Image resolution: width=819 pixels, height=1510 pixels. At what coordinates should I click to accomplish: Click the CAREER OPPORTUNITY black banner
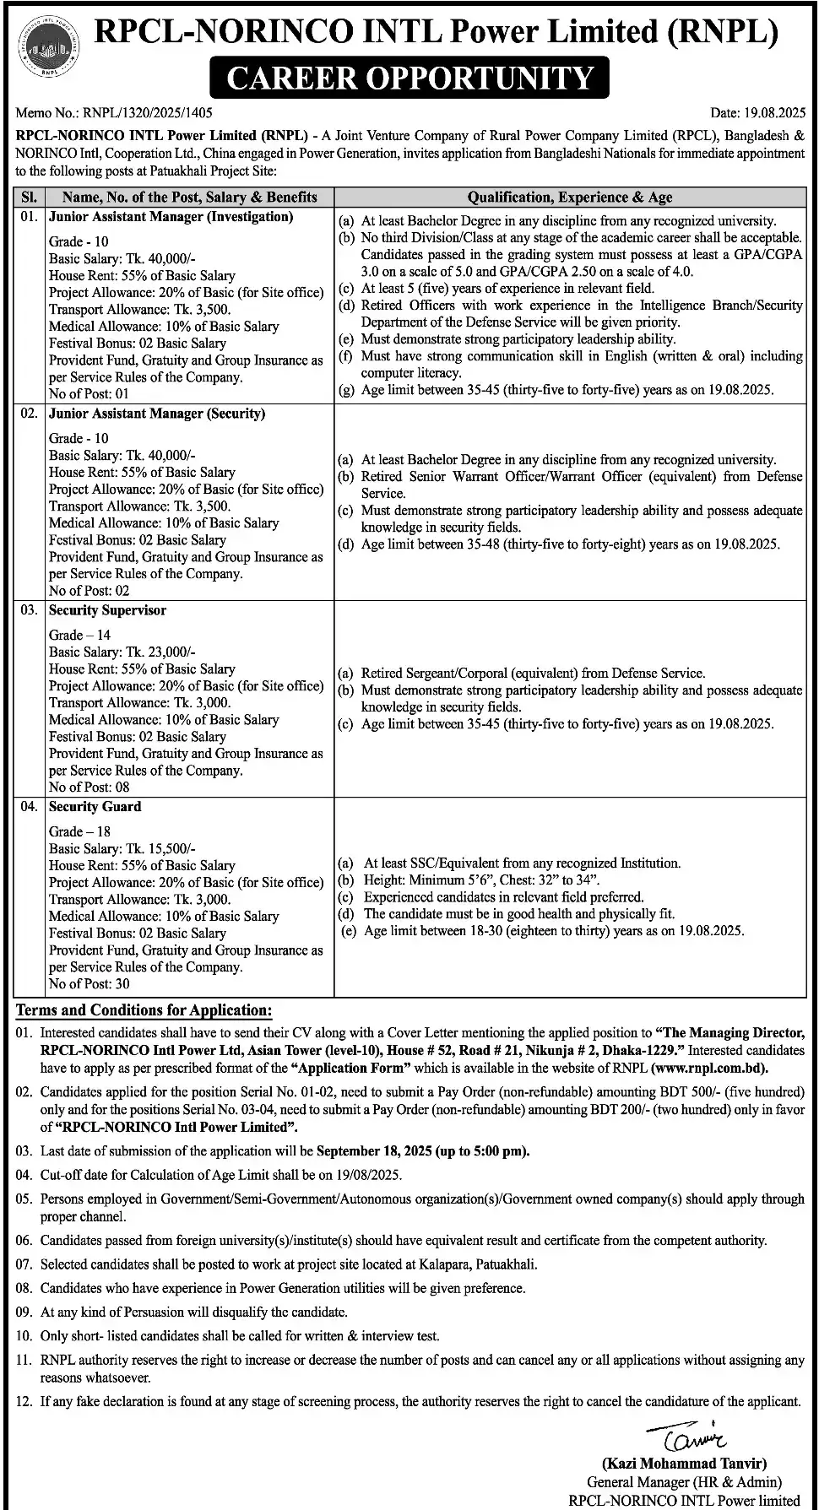(x=409, y=78)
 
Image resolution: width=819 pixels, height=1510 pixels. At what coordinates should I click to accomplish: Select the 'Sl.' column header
(x=30, y=197)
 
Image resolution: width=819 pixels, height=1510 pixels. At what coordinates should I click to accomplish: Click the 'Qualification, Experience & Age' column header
(x=570, y=197)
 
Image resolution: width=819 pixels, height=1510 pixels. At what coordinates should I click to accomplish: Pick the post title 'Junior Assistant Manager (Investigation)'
(x=171, y=217)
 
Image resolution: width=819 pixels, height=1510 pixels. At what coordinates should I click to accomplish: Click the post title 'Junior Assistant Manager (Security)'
(x=157, y=414)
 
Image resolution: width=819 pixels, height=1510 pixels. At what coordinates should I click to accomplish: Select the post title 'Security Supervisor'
(x=107, y=610)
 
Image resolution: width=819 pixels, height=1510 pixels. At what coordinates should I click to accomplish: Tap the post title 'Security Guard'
(x=95, y=807)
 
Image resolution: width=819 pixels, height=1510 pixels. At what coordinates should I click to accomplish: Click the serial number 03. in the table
(x=30, y=610)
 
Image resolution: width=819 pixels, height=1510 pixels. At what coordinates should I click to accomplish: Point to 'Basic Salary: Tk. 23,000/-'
(x=122, y=652)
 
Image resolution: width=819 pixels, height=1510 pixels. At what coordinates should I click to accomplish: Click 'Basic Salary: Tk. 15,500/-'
(x=122, y=848)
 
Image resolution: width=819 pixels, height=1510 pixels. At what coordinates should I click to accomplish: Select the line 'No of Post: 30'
(x=89, y=983)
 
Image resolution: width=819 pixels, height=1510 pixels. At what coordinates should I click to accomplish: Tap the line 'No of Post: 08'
(x=89, y=787)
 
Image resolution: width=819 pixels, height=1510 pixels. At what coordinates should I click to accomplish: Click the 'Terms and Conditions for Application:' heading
(x=144, y=1010)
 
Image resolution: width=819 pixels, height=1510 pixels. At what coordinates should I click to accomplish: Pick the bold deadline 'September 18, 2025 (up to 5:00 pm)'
(x=423, y=1150)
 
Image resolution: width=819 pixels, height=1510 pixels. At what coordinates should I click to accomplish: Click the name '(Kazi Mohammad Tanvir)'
(x=684, y=1464)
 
